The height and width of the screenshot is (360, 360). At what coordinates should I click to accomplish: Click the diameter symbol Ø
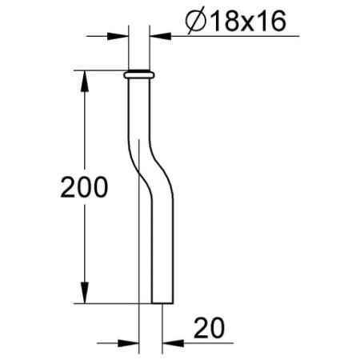point(194,22)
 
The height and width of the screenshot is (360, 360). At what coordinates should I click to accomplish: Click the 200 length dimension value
point(84,188)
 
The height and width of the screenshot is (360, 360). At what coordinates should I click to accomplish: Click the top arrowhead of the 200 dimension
point(83,78)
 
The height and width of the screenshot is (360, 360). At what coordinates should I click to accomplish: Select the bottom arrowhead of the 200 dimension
point(83,298)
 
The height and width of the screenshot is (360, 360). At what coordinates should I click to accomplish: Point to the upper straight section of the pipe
point(136,112)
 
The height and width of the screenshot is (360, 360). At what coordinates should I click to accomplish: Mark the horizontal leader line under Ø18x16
point(232,36)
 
